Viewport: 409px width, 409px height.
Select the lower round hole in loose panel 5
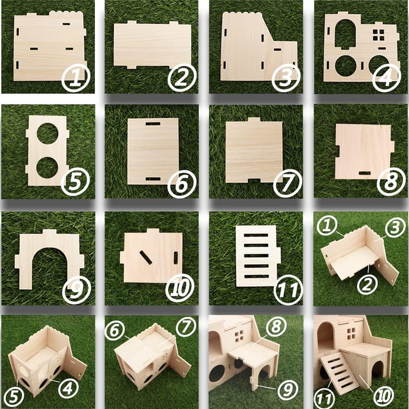click(48, 167)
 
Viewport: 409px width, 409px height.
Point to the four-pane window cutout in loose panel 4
click(378, 34)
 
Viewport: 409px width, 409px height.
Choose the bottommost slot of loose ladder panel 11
click(259, 277)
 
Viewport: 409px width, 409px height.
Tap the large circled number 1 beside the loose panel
click(76, 78)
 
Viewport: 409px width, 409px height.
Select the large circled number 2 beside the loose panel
click(181, 78)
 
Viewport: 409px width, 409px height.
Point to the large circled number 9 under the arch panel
click(76, 289)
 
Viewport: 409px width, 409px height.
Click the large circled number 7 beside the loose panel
click(287, 183)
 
